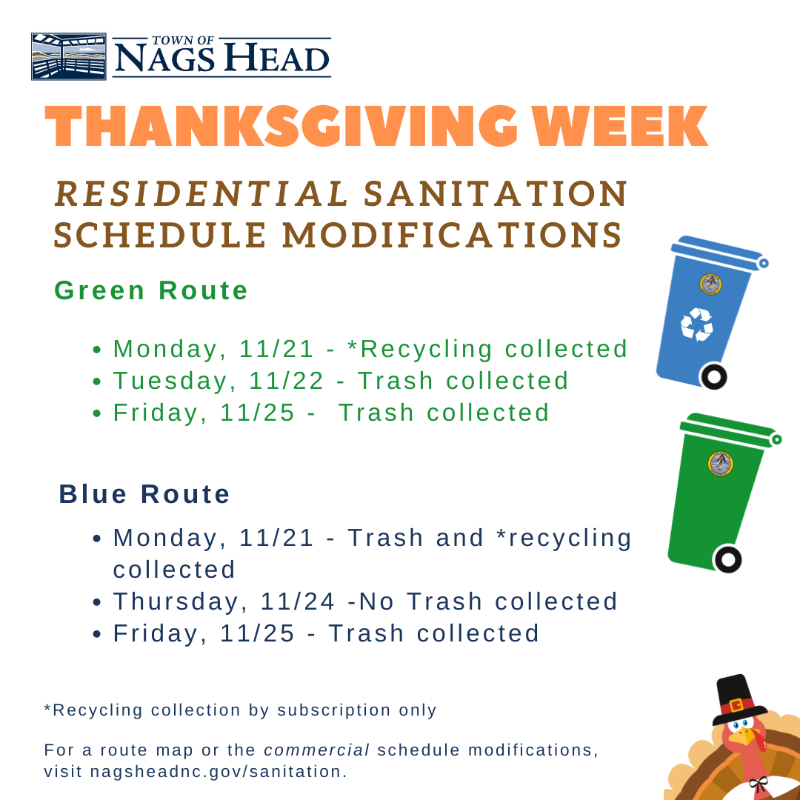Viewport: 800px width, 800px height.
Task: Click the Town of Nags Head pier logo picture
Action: (x=68, y=56)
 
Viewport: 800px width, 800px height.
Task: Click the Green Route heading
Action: (x=151, y=290)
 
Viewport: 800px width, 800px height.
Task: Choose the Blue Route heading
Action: (x=144, y=494)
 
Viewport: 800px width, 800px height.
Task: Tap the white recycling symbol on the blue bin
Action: (x=697, y=324)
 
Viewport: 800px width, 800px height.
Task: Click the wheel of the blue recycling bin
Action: (x=713, y=376)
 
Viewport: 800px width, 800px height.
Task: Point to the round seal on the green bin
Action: (x=720, y=463)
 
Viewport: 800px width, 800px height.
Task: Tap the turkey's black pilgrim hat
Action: (x=736, y=696)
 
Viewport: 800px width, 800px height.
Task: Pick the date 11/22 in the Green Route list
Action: (x=287, y=381)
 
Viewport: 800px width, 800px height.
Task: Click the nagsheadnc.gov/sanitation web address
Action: (x=218, y=771)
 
